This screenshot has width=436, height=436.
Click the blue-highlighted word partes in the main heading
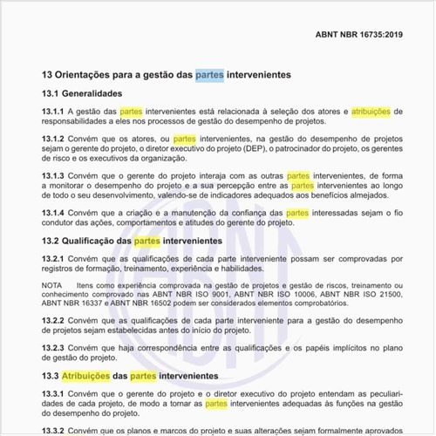209,76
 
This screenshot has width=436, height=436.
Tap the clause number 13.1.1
53,112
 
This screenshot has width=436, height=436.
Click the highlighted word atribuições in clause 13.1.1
371,112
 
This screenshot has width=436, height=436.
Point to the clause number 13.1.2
53,139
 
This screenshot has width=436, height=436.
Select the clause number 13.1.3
53,175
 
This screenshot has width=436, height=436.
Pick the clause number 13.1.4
53,213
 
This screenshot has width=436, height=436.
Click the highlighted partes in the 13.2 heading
146,241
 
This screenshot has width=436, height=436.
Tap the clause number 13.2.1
53,259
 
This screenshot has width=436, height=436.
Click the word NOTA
52,286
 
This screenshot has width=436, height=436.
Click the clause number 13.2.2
53,321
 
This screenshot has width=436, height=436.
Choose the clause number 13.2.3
53,348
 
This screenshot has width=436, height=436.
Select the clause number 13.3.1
53,394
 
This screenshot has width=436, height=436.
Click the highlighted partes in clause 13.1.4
297,213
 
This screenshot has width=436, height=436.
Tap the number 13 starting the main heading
48,76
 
